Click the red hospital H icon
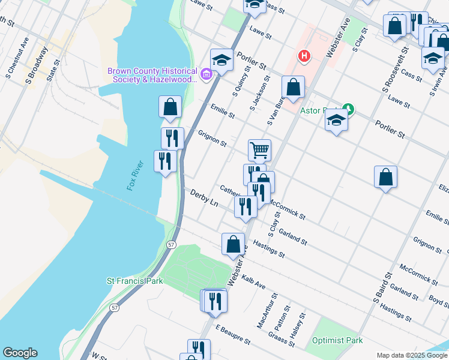click(304, 56)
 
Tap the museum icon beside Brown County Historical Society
click(206, 74)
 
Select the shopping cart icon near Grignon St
click(259, 149)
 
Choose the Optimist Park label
click(337, 340)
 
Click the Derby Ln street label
click(205, 198)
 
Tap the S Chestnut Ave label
click(16, 58)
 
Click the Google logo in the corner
click(20, 353)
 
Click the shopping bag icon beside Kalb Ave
click(233, 244)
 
